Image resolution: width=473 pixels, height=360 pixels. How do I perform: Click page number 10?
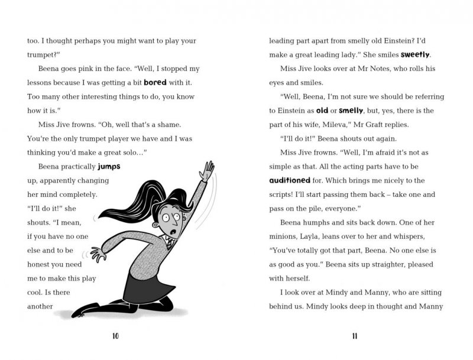point(116,336)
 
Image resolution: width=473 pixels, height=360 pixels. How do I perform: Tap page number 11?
point(355,336)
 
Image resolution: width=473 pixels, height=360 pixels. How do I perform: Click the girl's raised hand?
point(206,170)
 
